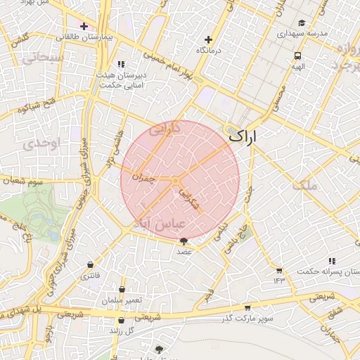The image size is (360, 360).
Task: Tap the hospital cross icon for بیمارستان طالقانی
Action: [84, 26]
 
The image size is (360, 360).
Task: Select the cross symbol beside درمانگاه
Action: [207, 40]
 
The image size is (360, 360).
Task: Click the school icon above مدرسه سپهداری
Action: [302, 22]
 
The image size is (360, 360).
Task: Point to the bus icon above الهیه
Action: [298, 55]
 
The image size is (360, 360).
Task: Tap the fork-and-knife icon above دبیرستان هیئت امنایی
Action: [121, 64]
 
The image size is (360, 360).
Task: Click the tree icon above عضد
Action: [184, 241]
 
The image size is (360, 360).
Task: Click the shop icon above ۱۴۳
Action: [279, 271]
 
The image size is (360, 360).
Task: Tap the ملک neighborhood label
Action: [308, 185]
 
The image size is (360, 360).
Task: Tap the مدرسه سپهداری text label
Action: [300, 33]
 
